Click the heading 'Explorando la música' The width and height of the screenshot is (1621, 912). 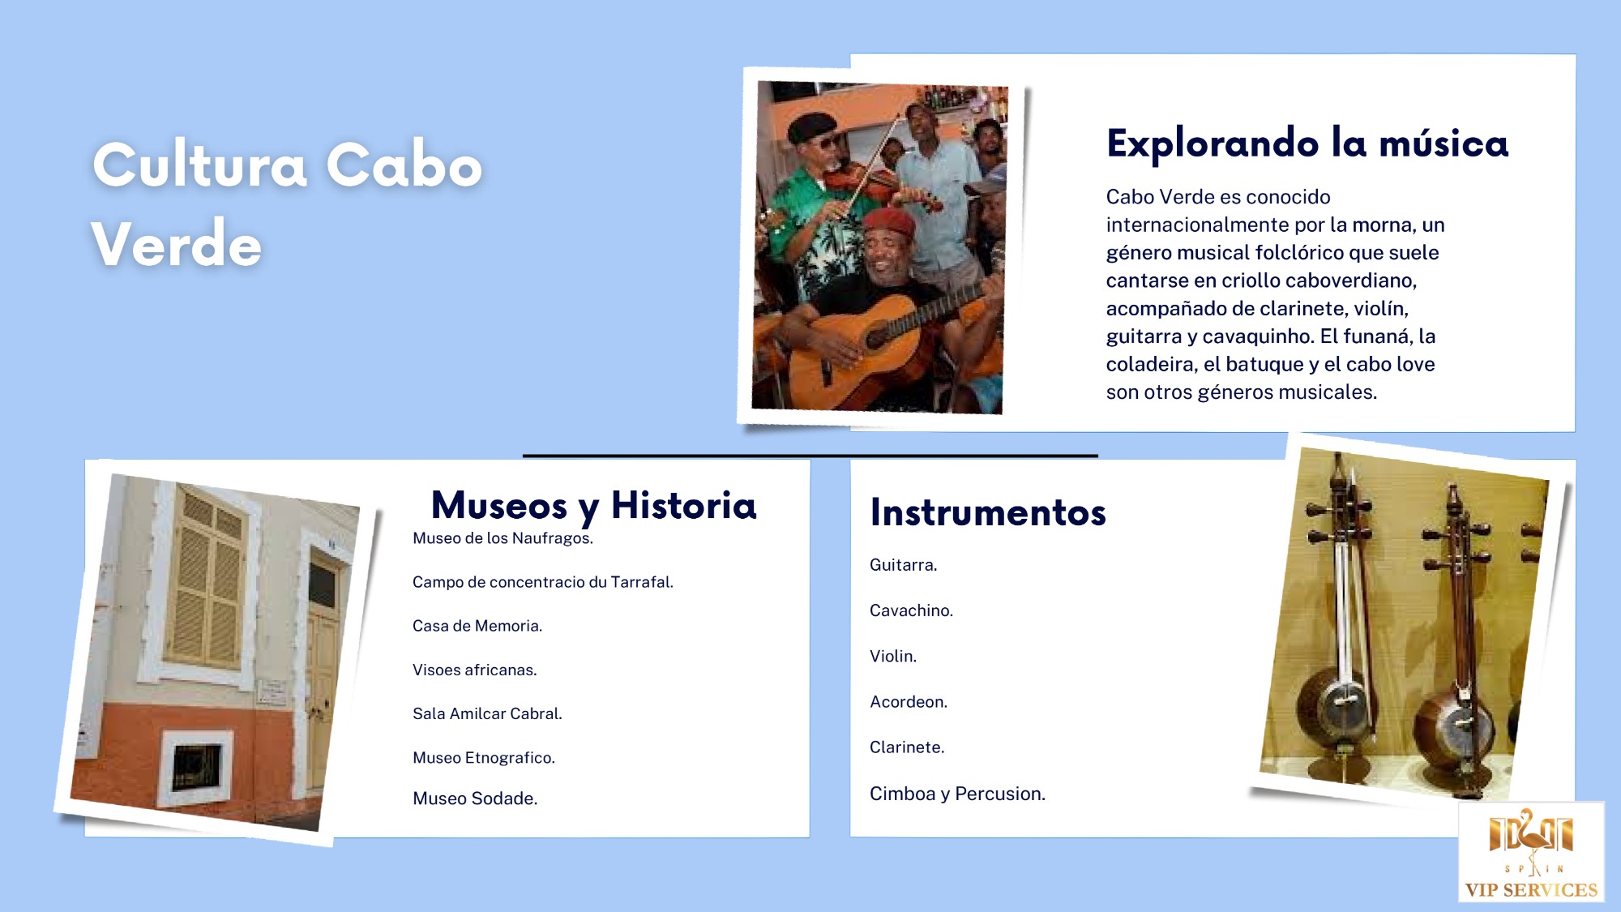point(1307,143)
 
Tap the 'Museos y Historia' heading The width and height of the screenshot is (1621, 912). point(593,506)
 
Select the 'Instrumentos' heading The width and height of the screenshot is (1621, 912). point(988,512)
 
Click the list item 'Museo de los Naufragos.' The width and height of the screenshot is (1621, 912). point(503,538)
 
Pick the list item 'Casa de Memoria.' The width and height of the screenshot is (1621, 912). point(477,626)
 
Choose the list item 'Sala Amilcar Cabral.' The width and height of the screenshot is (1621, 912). point(487,713)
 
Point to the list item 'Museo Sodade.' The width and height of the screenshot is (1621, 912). point(475,799)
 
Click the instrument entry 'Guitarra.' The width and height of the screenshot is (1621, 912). point(904,565)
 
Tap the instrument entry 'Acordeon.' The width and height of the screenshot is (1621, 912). point(909,702)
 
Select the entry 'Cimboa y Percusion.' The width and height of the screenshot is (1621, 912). point(957,794)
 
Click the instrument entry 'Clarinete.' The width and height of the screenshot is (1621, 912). point(907,747)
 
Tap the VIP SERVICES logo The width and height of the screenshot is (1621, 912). point(1531,852)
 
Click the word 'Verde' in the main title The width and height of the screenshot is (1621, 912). point(177,243)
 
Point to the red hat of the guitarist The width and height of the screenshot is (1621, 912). point(888,222)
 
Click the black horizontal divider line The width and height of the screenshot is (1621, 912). point(810,456)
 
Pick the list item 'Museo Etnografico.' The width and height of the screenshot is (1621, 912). point(484,758)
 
